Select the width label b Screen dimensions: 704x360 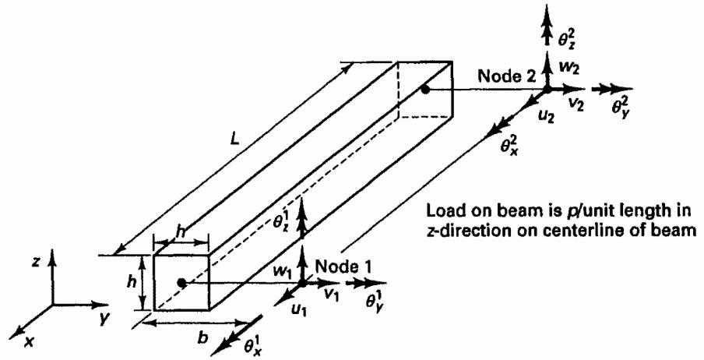click(x=203, y=337)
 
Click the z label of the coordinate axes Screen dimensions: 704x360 click(x=37, y=262)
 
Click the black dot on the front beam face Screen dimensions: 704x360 click(x=181, y=283)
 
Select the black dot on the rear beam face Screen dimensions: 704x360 click(x=424, y=90)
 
